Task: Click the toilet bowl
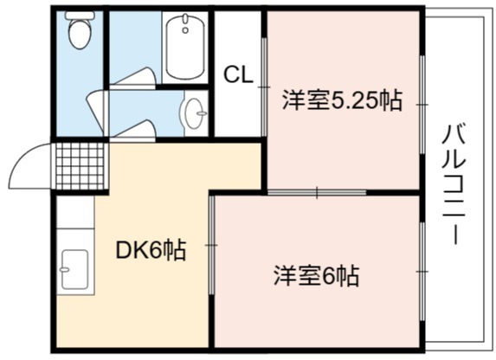pyautogui.click(x=80, y=34)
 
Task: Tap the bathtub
pyautogui.click(x=185, y=48)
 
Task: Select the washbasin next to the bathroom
pyautogui.click(x=194, y=113)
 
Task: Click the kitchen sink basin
pyautogui.click(x=74, y=269)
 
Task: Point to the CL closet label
pyautogui.click(x=239, y=74)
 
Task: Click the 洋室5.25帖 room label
pyautogui.click(x=342, y=100)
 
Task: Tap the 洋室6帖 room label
pyautogui.click(x=316, y=275)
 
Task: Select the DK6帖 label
pyautogui.click(x=151, y=250)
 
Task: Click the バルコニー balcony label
pyautogui.click(x=454, y=184)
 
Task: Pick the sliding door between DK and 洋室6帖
pyautogui.click(x=211, y=245)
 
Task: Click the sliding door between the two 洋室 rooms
pyautogui.click(x=317, y=192)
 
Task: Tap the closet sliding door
pyautogui.click(x=264, y=87)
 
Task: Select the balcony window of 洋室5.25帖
pyautogui.click(x=422, y=105)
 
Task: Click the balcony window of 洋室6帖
pyautogui.click(x=422, y=272)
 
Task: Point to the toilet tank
pyautogui.click(x=80, y=15)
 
